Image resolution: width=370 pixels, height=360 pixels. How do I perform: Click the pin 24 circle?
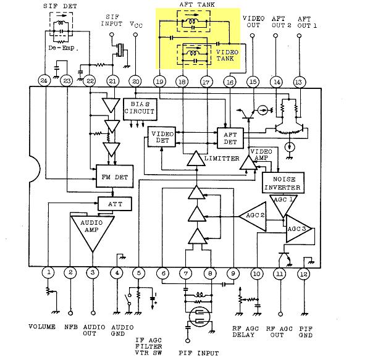(44, 81)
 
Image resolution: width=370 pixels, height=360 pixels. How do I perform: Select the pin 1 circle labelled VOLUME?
(48, 272)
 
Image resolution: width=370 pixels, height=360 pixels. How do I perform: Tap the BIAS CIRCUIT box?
(140, 109)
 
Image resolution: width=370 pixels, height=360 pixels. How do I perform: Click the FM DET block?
(115, 177)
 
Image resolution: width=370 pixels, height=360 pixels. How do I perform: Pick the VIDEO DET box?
(162, 137)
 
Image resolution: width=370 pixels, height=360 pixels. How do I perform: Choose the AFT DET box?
(230, 138)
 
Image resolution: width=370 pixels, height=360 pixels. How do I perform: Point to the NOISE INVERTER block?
(283, 183)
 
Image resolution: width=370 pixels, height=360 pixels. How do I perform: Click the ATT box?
(115, 204)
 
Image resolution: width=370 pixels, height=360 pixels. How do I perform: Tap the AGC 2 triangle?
(254, 217)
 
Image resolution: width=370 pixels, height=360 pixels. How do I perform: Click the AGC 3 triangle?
(298, 229)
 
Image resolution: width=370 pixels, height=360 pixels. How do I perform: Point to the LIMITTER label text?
(222, 158)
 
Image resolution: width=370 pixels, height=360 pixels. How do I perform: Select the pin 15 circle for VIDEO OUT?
(253, 82)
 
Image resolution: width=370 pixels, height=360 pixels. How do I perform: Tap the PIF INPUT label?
(199, 353)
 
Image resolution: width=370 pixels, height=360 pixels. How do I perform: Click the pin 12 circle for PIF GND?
(304, 274)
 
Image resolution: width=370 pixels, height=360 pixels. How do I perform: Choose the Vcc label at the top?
(136, 25)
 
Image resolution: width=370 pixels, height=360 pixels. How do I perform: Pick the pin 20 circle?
(135, 82)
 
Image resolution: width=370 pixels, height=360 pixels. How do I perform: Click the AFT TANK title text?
(197, 4)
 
